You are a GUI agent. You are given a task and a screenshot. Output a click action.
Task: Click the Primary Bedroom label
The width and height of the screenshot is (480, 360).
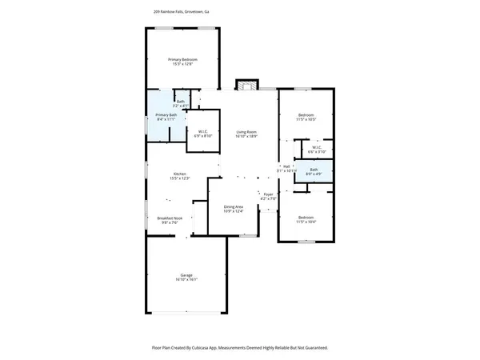pyautogui.click(x=182, y=60)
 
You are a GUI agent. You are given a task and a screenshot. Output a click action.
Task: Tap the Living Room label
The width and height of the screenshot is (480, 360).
pyautogui.click(x=246, y=132)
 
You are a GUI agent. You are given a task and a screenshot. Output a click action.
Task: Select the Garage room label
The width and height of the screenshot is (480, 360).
pyautogui.click(x=186, y=275)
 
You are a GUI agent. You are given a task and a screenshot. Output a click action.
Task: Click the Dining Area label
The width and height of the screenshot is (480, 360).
pyautogui.click(x=233, y=207)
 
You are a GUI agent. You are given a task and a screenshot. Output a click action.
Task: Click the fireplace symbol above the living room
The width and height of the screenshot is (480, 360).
pyautogui.click(x=246, y=85)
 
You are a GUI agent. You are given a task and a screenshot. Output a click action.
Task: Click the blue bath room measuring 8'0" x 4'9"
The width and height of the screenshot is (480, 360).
pyautogui.click(x=314, y=171)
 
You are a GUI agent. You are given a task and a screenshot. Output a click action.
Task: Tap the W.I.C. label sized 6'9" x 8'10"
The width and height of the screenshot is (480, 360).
pyautogui.click(x=203, y=131)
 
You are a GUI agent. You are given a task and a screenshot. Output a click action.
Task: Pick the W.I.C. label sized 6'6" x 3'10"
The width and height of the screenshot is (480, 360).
pyautogui.click(x=315, y=147)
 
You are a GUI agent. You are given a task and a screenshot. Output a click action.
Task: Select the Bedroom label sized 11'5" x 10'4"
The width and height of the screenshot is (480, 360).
pyautogui.click(x=306, y=218)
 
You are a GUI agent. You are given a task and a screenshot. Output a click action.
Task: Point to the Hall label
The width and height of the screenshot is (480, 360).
pyautogui.click(x=286, y=166)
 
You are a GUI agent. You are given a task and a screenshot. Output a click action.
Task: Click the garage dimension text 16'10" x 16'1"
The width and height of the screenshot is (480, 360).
pyautogui.click(x=186, y=280)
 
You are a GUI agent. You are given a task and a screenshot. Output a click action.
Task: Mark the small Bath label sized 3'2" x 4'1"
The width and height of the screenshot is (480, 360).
pyautogui.click(x=181, y=102)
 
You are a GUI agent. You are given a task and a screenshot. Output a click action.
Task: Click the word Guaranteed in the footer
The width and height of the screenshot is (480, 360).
pyautogui.click(x=312, y=348)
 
